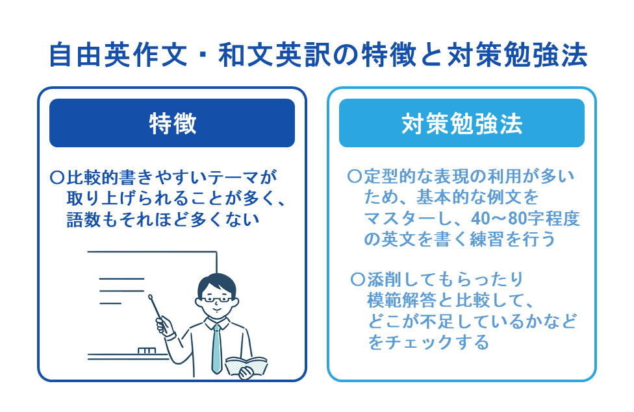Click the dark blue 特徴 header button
coord(172,123)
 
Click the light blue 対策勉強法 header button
coord(461,123)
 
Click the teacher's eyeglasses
coord(215,300)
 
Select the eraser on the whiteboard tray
coord(147,351)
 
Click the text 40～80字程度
coord(520,218)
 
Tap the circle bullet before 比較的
coord(57,176)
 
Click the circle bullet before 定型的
coord(355,176)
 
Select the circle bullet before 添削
coord(357,280)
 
